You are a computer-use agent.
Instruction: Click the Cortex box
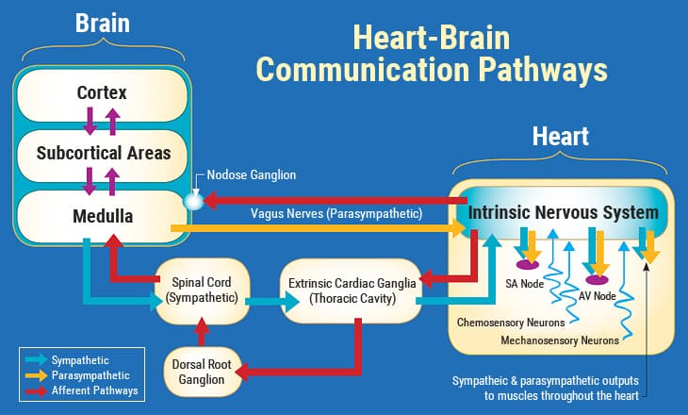click(102, 93)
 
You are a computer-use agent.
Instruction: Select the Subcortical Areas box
click(102, 152)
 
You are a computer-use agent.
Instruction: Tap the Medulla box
click(102, 216)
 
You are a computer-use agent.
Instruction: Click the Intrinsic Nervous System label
click(564, 212)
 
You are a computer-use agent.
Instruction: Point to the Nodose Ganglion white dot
click(194, 200)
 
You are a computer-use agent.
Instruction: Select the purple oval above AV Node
click(597, 279)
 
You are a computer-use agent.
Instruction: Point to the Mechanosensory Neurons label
click(560, 339)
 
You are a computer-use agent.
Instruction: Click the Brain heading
click(103, 22)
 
